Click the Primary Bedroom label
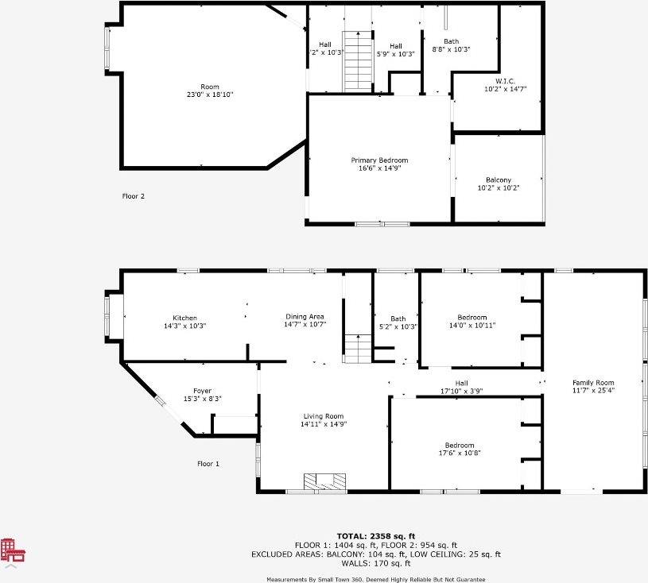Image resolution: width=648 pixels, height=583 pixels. (x=379, y=160)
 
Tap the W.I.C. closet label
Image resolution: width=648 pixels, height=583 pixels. (x=505, y=81)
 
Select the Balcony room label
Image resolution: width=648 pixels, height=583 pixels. (x=499, y=180)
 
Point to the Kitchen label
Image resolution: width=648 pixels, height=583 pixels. (x=184, y=318)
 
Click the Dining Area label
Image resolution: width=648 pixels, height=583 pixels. (x=305, y=317)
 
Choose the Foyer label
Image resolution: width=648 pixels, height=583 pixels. (x=202, y=391)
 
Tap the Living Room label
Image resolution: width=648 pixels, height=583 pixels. (x=324, y=416)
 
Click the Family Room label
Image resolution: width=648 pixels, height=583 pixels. (x=593, y=383)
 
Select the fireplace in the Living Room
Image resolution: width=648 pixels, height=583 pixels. (x=325, y=481)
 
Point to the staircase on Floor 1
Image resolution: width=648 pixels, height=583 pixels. (x=358, y=349)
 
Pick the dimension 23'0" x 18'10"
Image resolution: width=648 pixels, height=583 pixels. (x=209, y=95)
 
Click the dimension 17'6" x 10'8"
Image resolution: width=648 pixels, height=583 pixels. (x=460, y=454)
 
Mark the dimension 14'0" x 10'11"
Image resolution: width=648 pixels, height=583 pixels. (x=472, y=325)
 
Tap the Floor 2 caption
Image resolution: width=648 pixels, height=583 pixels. (x=133, y=196)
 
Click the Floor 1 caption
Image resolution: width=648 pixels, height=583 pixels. (x=208, y=464)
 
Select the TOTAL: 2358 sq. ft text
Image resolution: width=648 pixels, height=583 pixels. (x=376, y=536)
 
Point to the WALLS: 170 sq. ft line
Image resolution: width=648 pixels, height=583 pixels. (x=376, y=563)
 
